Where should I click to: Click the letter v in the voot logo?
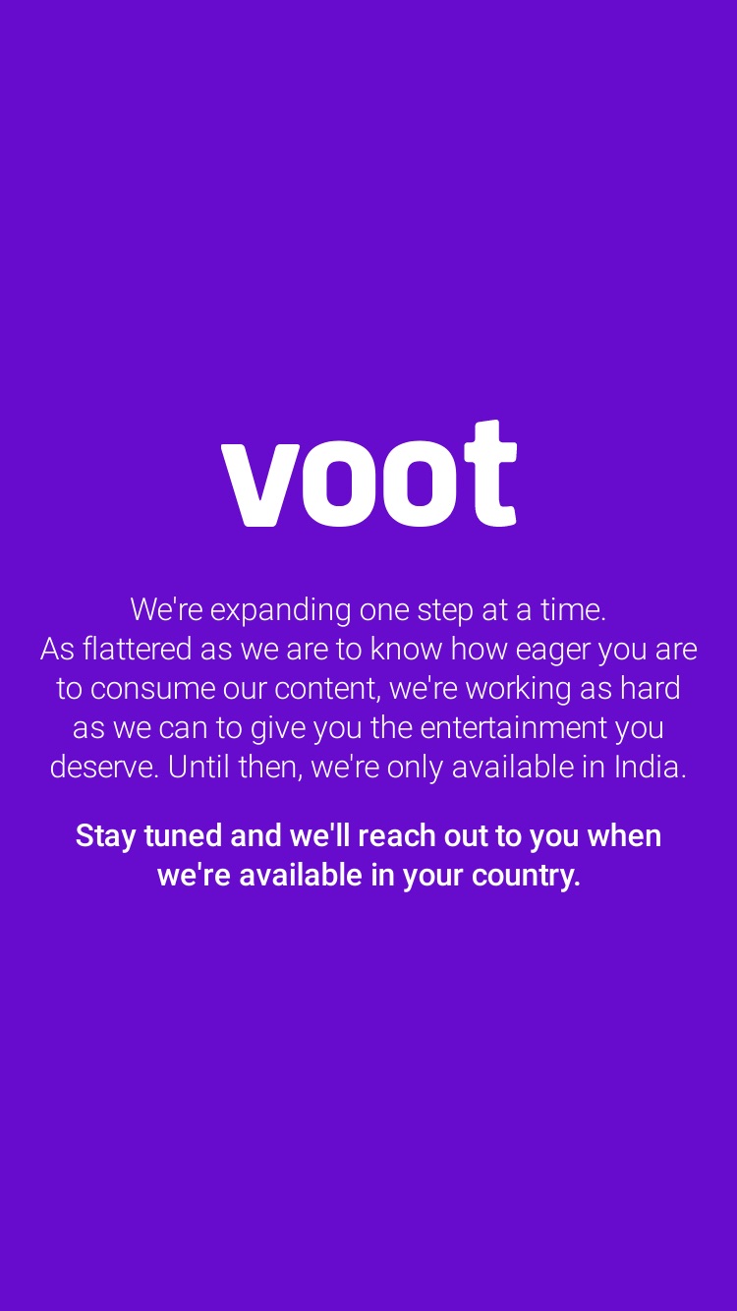click(x=260, y=484)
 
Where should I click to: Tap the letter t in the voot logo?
click(x=490, y=473)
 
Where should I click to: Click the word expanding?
click(x=280, y=611)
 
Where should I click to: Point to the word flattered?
click(x=138, y=649)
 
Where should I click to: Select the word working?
click(x=519, y=690)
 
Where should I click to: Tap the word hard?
click(x=651, y=688)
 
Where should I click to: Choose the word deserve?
click(x=104, y=768)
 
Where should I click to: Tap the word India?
click(x=650, y=767)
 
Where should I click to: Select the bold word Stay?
click(x=105, y=837)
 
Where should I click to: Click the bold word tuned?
click(x=183, y=835)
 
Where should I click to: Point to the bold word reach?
click(x=397, y=835)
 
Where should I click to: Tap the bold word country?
click(x=527, y=877)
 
